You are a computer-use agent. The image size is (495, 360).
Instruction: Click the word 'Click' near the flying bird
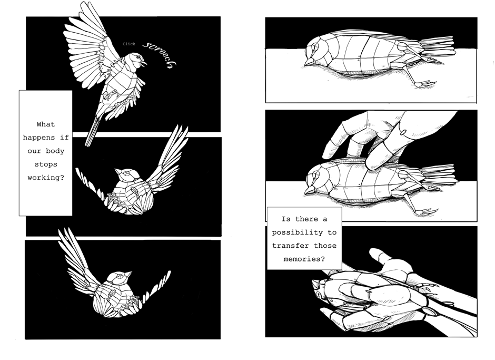pyautogui.click(x=129, y=44)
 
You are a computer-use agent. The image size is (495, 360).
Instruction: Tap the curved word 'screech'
pyautogui.click(x=160, y=54)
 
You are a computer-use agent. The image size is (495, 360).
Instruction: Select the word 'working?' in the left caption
pyautogui.click(x=46, y=178)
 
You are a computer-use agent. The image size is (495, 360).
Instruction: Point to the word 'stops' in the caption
pyautogui.click(x=46, y=164)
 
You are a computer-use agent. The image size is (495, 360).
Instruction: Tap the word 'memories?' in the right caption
pyautogui.click(x=304, y=259)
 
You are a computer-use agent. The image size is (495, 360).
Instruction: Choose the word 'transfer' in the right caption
pyautogui.click(x=291, y=246)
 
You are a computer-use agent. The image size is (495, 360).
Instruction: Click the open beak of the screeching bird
pyautogui.click(x=144, y=64)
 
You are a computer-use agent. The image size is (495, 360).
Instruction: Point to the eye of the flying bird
pyautogui.click(x=137, y=57)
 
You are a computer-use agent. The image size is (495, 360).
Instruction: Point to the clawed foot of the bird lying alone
pyautogui.click(x=425, y=84)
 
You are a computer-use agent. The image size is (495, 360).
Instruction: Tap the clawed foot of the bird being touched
pyautogui.click(x=427, y=211)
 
